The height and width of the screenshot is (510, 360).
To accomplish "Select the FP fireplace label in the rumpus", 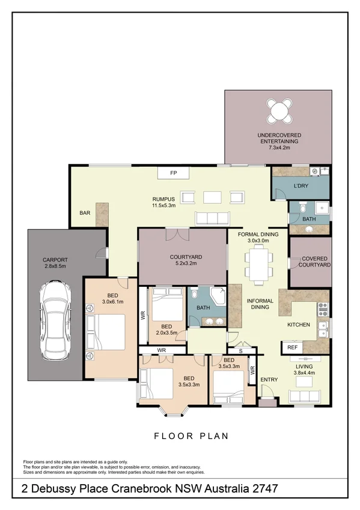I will pos(174,173).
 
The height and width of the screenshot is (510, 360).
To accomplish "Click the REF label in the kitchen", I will pos(293,348).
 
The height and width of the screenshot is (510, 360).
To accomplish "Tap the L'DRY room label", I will pos(301,186).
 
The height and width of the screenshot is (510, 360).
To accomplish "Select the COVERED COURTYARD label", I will pos(315,261).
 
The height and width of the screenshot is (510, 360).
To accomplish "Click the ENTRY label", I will pos(268,379).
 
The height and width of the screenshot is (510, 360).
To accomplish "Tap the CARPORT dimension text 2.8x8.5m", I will pos(54,266).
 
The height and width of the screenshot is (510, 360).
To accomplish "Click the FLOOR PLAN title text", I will pos(191,436).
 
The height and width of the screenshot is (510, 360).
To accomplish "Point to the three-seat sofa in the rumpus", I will pos(213,218).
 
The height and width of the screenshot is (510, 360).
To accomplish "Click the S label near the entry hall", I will pos(240,351).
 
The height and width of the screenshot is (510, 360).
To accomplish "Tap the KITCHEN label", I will pos(298,325).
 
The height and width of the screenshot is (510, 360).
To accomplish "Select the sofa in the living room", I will pos(305,396).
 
